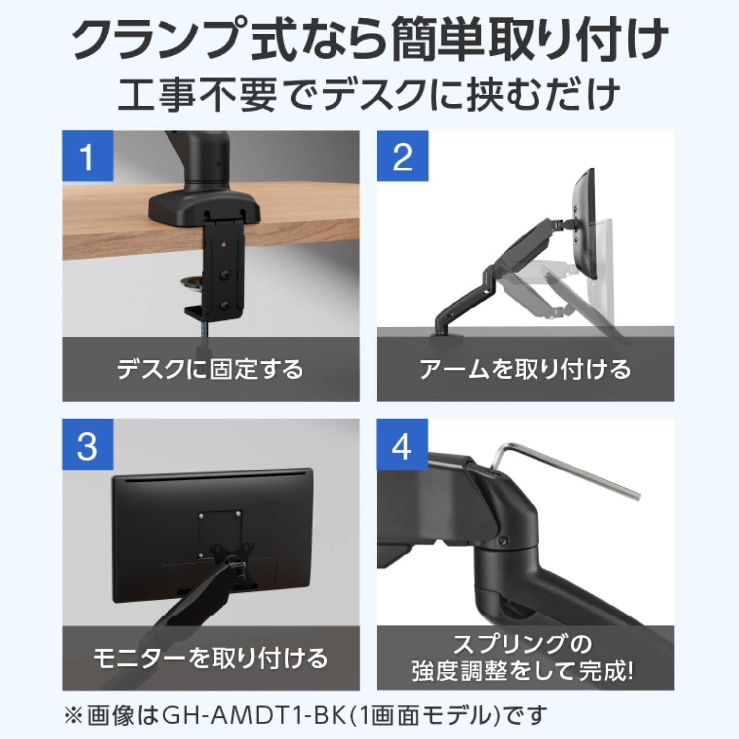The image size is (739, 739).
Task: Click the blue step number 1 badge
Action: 87,156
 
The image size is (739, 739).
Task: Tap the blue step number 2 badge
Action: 402,156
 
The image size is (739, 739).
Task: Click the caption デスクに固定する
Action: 210,369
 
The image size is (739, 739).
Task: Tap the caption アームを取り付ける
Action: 525,369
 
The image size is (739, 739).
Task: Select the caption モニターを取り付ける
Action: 210,658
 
